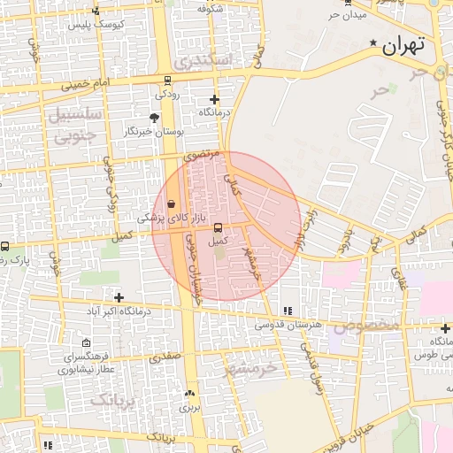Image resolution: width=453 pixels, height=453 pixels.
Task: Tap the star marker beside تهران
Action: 373,42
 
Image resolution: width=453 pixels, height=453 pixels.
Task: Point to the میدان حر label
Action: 346,15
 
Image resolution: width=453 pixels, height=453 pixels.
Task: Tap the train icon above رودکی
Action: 165,79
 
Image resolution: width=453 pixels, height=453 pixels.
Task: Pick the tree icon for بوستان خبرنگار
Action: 155,117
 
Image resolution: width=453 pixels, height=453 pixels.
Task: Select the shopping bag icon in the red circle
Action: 170,204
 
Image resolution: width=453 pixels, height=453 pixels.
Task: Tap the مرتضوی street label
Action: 201,155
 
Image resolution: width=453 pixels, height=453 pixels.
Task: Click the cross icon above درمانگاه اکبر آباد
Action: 119,297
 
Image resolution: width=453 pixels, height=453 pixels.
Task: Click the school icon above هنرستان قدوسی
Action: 287,311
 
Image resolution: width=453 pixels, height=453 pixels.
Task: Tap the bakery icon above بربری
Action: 188,393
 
